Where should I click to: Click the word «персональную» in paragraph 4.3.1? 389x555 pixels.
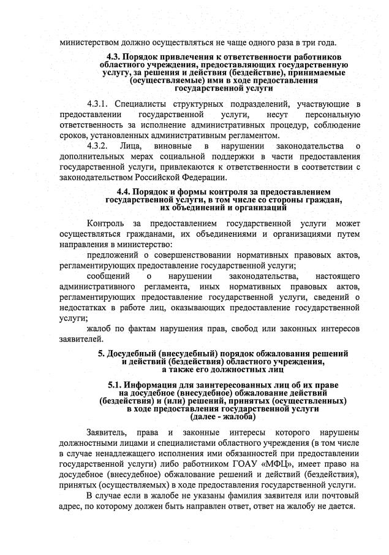(331, 114)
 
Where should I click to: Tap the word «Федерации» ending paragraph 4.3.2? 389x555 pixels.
(187, 177)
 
